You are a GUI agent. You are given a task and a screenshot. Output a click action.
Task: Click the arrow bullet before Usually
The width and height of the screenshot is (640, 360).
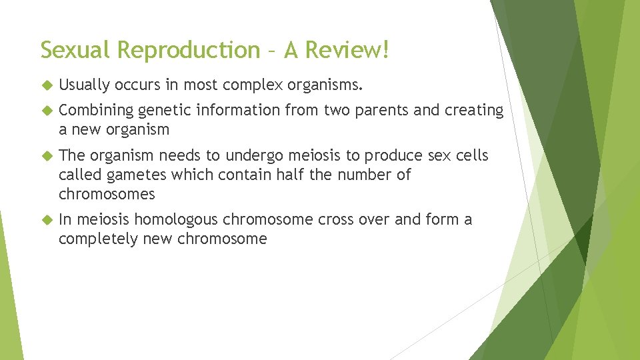46,85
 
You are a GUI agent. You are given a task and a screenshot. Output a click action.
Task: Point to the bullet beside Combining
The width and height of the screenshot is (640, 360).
46,110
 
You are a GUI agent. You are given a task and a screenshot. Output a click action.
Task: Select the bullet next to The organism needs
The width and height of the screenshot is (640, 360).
46,156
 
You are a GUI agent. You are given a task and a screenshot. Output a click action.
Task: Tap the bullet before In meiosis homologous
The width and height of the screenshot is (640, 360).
46,219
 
